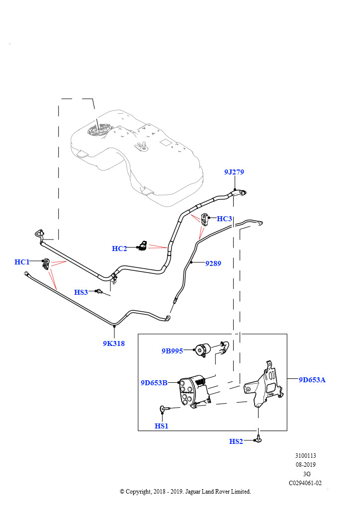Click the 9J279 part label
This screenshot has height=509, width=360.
pos(234,172)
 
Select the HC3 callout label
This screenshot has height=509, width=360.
pos(224,219)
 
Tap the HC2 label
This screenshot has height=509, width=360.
pos(119,249)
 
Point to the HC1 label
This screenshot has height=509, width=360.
pos(22,262)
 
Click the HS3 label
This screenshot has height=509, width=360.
pos(81,292)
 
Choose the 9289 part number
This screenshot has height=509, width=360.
pos(213,263)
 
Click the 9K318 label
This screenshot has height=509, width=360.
pos(113,343)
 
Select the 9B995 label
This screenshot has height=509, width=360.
pos(172,351)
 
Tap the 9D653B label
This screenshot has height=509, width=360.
pos(154,383)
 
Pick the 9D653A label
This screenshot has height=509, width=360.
pos(312,380)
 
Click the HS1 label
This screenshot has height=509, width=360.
pos(161,426)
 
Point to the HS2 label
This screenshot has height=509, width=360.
pos(236,441)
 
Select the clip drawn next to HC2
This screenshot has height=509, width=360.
pos(142,246)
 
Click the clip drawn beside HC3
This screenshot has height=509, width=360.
pos(205,219)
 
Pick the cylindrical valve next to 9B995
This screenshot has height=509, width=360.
pos(203,350)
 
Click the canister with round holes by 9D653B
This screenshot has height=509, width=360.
pos(194,391)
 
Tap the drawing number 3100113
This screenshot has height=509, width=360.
pos(305,456)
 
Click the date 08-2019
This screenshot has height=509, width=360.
pos(305,465)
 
